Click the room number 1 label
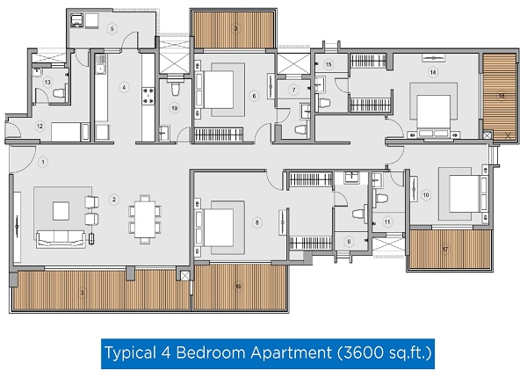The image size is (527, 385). [43, 163]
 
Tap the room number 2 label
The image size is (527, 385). [114, 200]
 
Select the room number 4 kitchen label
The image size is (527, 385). [124, 88]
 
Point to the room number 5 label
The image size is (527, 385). [112, 29]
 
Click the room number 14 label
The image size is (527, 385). [433, 72]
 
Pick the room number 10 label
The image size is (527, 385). [426, 195]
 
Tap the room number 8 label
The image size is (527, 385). [257, 222]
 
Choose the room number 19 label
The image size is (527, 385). [175, 108]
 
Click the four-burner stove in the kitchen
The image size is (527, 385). [148, 96]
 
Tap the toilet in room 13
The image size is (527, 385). [59, 93]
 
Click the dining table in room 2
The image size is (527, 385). [145, 219]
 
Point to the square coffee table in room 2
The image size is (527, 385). [61, 211]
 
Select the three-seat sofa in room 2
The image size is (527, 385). [61, 239]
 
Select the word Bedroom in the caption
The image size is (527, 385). [212, 353]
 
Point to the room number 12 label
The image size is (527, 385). [40, 127]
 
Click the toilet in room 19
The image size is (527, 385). [175, 88]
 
